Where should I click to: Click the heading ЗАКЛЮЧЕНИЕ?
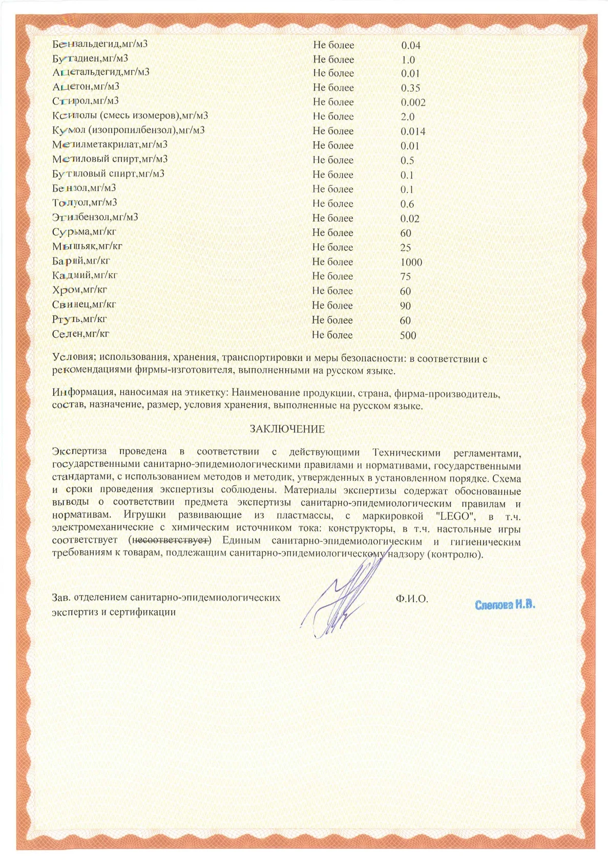pos(287,429)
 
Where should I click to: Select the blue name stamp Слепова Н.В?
pos(505,605)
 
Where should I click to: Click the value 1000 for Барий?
pos(411,262)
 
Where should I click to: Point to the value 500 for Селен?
pos(408,336)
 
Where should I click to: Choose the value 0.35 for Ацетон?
pos(410,88)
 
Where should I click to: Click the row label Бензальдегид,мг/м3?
pos(100,44)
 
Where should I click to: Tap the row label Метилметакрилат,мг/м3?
pos(110,145)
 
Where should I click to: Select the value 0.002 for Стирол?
pos(413,102)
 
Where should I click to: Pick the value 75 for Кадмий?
pos(405,276)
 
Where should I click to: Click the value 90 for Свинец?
pos(405,306)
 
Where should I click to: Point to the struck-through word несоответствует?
pos(170,541)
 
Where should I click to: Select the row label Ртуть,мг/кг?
pos(79,319)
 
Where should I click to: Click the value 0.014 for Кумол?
pos(413,132)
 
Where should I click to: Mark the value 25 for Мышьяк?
pos(405,248)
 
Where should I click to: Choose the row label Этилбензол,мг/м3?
pos(95,217)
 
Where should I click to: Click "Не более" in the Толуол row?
pos(332,204)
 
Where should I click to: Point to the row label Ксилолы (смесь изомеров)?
pos(130,116)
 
